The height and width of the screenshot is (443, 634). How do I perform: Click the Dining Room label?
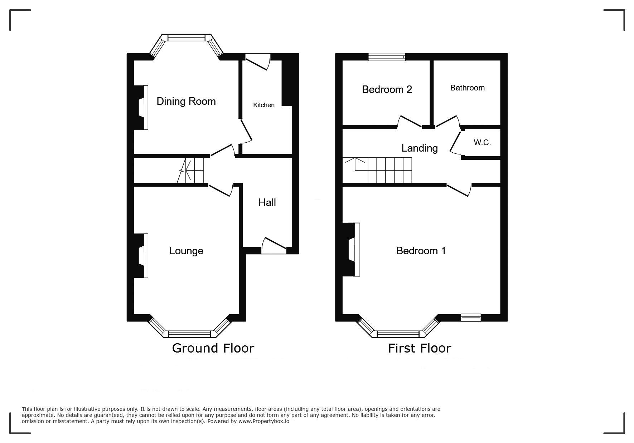tap(186, 102)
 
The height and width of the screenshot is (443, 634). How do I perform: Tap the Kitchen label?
tap(264, 105)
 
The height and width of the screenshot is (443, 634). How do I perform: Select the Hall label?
tap(267, 202)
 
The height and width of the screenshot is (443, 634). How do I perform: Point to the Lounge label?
tap(186, 251)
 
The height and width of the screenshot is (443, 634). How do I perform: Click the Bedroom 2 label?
tap(387, 89)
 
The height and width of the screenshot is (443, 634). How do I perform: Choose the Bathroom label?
tap(468, 88)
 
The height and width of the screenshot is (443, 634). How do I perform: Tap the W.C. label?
tap(482, 143)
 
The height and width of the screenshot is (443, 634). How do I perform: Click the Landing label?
tap(420, 148)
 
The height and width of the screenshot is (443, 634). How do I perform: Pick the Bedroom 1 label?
tap(421, 251)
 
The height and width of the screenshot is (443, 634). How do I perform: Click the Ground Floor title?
tap(213, 348)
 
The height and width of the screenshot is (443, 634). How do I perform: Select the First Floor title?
tap(420, 348)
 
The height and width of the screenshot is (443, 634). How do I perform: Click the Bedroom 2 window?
tap(387, 57)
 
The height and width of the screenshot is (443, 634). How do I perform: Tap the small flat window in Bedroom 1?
tap(471, 318)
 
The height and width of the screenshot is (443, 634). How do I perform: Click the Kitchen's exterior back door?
tap(258, 61)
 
